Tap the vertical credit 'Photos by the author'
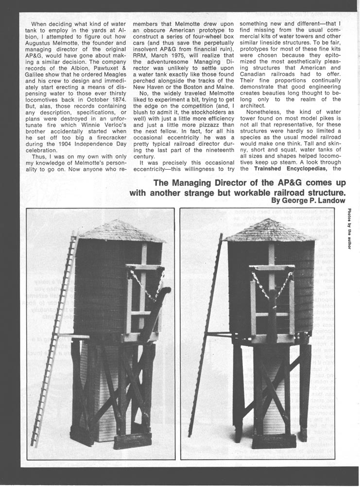pos(349,228)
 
